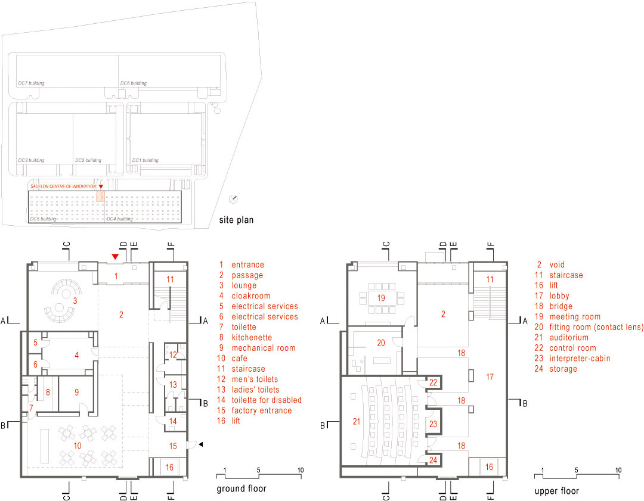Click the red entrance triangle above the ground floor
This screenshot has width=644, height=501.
click(116, 257)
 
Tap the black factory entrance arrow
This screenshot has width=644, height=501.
click(201, 444)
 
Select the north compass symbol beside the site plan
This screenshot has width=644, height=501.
click(233, 199)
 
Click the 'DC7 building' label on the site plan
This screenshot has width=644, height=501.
click(31, 83)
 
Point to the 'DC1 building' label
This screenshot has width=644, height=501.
click(145, 160)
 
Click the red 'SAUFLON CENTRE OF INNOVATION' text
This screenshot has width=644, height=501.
click(63, 186)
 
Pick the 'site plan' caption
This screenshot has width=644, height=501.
click(236, 220)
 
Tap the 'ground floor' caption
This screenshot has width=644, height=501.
click(241, 488)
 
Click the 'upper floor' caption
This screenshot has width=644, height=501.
click(556, 491)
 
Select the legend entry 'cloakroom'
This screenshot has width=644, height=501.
click(251, 296)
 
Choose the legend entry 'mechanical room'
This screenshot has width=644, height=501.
click(264, 348)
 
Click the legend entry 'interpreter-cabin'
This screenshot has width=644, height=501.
click(580, 358)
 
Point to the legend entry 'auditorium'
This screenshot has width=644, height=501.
click(569, 337)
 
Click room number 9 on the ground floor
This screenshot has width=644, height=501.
click(77, 392)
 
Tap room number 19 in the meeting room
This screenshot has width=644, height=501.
click(381, 297)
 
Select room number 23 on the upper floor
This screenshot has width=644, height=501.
click(434, 424)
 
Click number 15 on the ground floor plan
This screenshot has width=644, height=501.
click(173, 446)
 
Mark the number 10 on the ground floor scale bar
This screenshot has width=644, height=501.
click(301, 470)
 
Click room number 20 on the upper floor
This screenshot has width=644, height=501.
click(381, 343)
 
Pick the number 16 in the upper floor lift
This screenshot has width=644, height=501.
click(489, 467)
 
